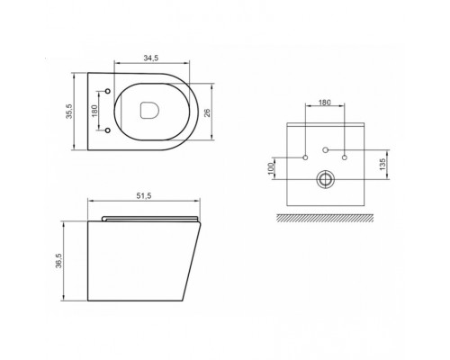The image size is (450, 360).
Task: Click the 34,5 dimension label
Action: [x=150, y=58]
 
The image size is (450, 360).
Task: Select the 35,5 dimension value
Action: [x=69, y=112]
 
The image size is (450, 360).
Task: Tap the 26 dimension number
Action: [x=207, y=112]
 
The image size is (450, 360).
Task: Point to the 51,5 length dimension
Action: [x=144, y=196]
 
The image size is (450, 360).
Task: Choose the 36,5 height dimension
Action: [x=58, y=260]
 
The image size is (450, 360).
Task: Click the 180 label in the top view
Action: [x=94, y=111]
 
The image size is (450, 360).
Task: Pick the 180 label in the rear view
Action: [x=324, y=103]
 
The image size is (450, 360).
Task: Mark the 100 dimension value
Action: [x=271, y=168]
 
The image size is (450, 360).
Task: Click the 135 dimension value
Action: [x=382, y=165]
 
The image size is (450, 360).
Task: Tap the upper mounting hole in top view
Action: [x=108, y=91]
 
